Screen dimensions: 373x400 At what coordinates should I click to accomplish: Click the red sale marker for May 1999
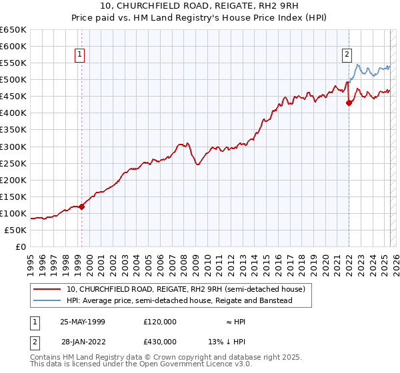81,206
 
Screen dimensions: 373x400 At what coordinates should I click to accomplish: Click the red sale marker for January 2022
349,103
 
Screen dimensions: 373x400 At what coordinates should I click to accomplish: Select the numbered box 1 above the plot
79,55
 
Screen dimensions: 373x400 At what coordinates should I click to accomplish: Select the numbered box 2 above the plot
347,55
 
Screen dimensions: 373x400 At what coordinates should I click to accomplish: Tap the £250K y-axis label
14,163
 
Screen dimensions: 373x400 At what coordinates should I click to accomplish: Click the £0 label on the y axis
21,246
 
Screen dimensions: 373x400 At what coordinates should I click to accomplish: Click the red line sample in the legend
47,289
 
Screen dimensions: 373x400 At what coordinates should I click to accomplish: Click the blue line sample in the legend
47,300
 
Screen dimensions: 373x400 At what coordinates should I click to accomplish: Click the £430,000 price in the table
159,342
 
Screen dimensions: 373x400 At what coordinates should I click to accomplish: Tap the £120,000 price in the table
159,322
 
